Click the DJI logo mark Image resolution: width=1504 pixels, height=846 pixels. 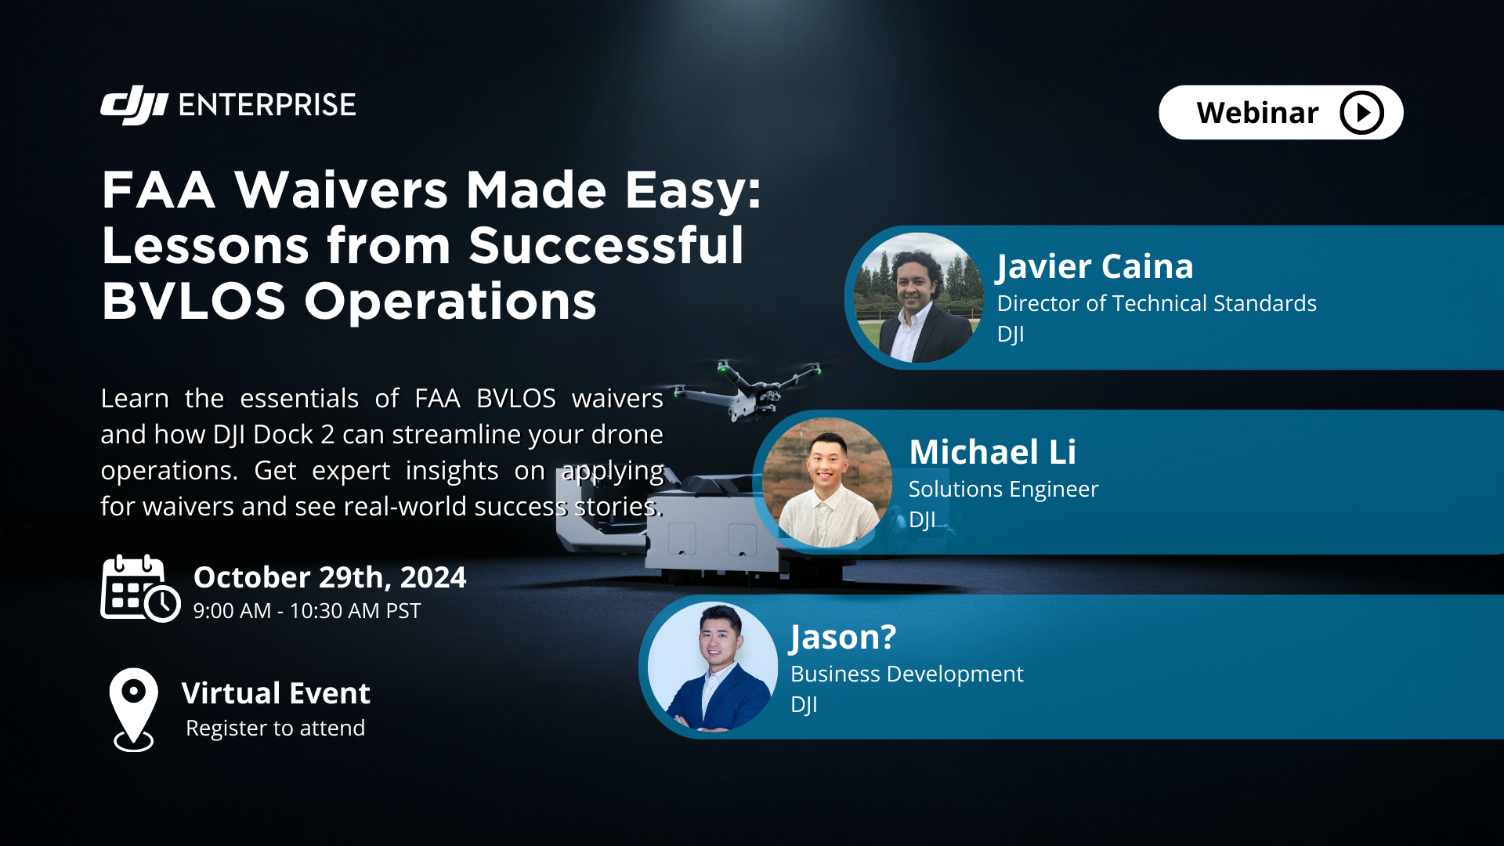tap(134, 105)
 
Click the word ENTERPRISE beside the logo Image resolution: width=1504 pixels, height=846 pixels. tap(267, 105)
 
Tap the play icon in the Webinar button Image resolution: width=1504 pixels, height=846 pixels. tap(1361, 113)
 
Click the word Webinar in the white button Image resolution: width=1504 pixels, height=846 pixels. tap(1257, 113)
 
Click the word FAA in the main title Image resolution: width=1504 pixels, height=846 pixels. tap(158, 190)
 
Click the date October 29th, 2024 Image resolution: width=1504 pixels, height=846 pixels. tap(329, 577)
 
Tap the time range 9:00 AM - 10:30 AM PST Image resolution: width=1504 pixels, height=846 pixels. tap(306, 611)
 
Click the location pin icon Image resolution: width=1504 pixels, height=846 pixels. tap(134, 707)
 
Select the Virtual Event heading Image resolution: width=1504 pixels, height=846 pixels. tap(276, 693)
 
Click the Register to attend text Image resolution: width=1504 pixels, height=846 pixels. tap(275, 728)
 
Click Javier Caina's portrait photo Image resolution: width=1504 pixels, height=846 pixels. tap(917, 298)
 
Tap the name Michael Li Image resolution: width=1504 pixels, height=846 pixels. tap(992, 452)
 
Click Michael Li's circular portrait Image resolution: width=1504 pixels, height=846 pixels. tap(827, 483)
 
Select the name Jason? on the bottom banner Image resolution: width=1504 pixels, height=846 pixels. tap(843, 637)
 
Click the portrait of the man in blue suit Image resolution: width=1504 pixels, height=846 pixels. tap(712, 667)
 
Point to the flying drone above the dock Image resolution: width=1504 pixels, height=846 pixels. tap(748, 389)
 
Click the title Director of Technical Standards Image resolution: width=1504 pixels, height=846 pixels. tap(1156, 303)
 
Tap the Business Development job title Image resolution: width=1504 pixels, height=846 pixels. tap(906, 674)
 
